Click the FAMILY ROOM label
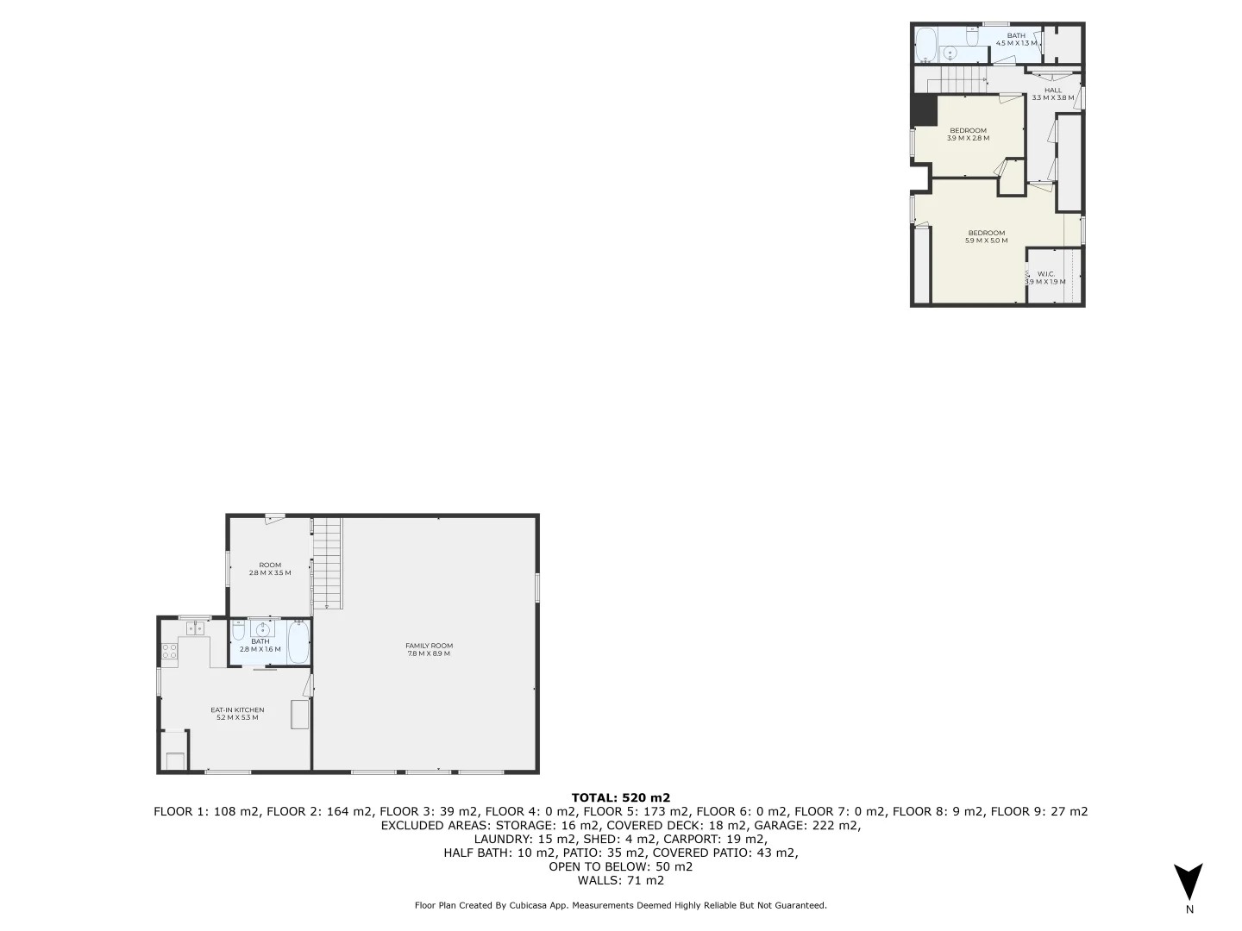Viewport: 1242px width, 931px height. click(429, 646)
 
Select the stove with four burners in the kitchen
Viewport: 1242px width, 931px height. click(169, 651)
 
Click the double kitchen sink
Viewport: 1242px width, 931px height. click(195, 628)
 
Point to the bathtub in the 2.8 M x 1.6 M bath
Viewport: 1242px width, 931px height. click(298, 643)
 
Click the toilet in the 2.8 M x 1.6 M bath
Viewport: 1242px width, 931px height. click(239, 629)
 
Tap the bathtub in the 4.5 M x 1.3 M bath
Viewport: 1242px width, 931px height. click(925, 44)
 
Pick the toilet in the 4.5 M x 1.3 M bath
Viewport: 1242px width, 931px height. click(972, 38)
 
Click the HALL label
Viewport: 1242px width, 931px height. click(1053, 90)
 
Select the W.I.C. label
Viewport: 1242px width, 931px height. click(1046, 274)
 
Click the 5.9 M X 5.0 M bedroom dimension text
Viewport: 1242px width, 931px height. click(987, 241)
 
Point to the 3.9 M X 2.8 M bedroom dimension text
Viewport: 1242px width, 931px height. click(968, 138)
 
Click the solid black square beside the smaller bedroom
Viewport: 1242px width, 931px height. click(924, 110)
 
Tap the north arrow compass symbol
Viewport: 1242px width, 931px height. click(1189, 881)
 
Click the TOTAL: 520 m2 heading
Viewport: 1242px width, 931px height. click(620, 797)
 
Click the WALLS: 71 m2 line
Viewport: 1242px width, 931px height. click(620, 880)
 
